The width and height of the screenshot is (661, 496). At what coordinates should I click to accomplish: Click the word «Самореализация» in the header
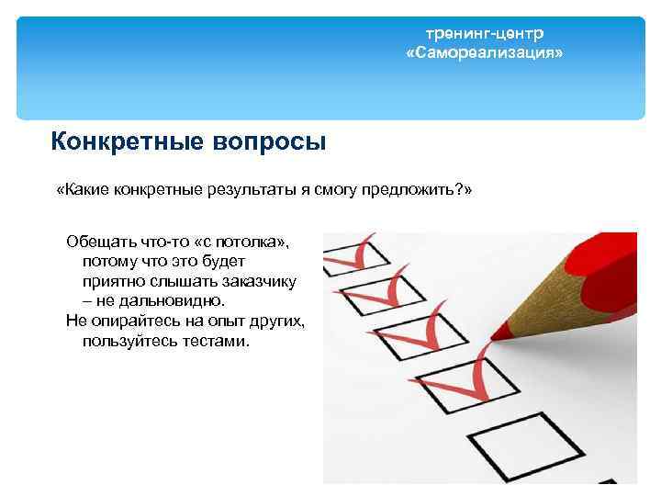[484, 54]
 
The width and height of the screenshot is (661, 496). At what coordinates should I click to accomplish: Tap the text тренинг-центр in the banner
[484, 33]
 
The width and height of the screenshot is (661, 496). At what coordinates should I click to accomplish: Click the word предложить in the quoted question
[414, 190]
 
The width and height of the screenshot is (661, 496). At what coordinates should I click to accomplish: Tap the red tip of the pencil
[499, 327]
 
